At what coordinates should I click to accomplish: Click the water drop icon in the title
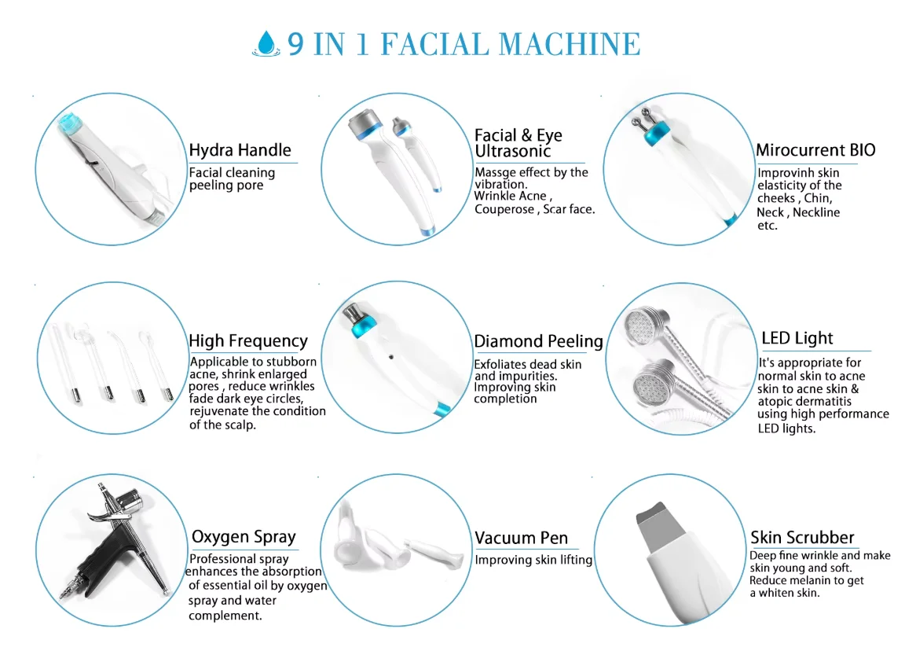(266, 44)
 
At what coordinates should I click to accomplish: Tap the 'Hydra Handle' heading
(240, 150)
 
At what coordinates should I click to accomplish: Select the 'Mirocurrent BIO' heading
(815, 150)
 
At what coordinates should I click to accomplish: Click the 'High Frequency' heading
(248, 340)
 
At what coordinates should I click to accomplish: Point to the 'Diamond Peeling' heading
(538, 341)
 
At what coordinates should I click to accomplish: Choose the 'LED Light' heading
(797, 338)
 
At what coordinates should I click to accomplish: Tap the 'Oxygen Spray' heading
(244, 537)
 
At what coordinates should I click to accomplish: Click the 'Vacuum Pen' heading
(521, 538)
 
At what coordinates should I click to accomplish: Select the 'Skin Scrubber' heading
(802, 537)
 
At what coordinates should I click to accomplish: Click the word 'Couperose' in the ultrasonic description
(504, 209)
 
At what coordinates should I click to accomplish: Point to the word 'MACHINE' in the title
(570, 45)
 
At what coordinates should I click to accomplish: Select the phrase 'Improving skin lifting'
(533, 561)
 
